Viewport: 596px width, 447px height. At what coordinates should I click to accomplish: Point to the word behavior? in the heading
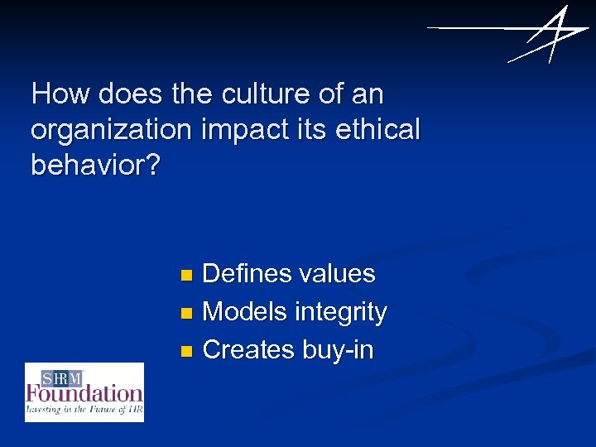tap(96, 165)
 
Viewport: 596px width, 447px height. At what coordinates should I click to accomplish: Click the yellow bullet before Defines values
tap(186, 274)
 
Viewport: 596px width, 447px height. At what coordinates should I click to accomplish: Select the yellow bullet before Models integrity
tap(186, 313)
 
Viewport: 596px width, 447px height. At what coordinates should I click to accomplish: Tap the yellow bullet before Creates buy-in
tap(186, 351)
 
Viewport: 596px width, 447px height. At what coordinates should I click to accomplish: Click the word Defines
tap(247, 273)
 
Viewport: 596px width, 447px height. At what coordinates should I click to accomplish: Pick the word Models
tap(245, 312)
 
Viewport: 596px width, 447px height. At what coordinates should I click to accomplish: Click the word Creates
tap(248, 350)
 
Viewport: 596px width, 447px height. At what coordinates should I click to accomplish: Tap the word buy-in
tap(338, 351)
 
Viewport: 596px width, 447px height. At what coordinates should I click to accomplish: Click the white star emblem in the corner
tap(542, 35)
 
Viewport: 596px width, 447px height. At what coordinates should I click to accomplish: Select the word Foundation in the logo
tap(84, 393)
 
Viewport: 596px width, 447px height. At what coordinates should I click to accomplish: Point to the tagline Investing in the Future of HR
tap(84, 409)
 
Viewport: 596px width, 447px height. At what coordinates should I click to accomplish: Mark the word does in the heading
tap(132, 94)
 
